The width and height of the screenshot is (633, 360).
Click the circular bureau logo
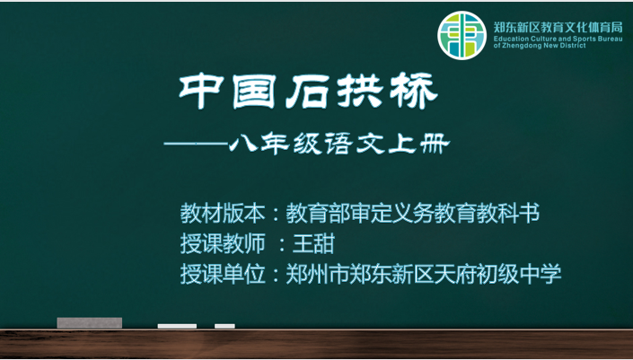pyautogui.click(x=462, y=36)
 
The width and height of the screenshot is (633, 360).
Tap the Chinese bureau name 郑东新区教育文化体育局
pyautogui.click(x=558, y=28)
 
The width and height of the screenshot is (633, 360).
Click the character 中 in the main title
pyautogui.click(x=201, y=91)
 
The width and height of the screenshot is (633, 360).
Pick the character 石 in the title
pyautogui.click(x=307, y=92)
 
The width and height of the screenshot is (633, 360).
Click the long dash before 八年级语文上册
pyautogui.click(x=196, y=144)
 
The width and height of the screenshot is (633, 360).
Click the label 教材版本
pyautogui.click(x=223, y=214)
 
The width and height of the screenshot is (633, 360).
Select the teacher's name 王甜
pyautogui.click(x=313, y=244)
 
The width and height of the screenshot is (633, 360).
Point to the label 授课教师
pyautogui.click(x=223, y=244)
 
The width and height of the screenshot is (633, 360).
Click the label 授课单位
pyautogui.click(x=223, y=274)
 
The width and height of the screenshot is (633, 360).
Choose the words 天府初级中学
pyautogui.click(x=497, y=274)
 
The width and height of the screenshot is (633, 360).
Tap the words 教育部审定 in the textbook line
pyautogui.click(x=338, y=214)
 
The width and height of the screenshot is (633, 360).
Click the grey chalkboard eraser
pyautogui.click(x=90, y=323)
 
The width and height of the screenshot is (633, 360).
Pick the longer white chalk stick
pyautogui.click(x=177, y=326)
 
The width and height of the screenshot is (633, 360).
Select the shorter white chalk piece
pyautogui.click(x=224, y=326)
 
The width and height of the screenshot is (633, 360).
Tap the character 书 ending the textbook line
pyautogui.click(x=529, y=214)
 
